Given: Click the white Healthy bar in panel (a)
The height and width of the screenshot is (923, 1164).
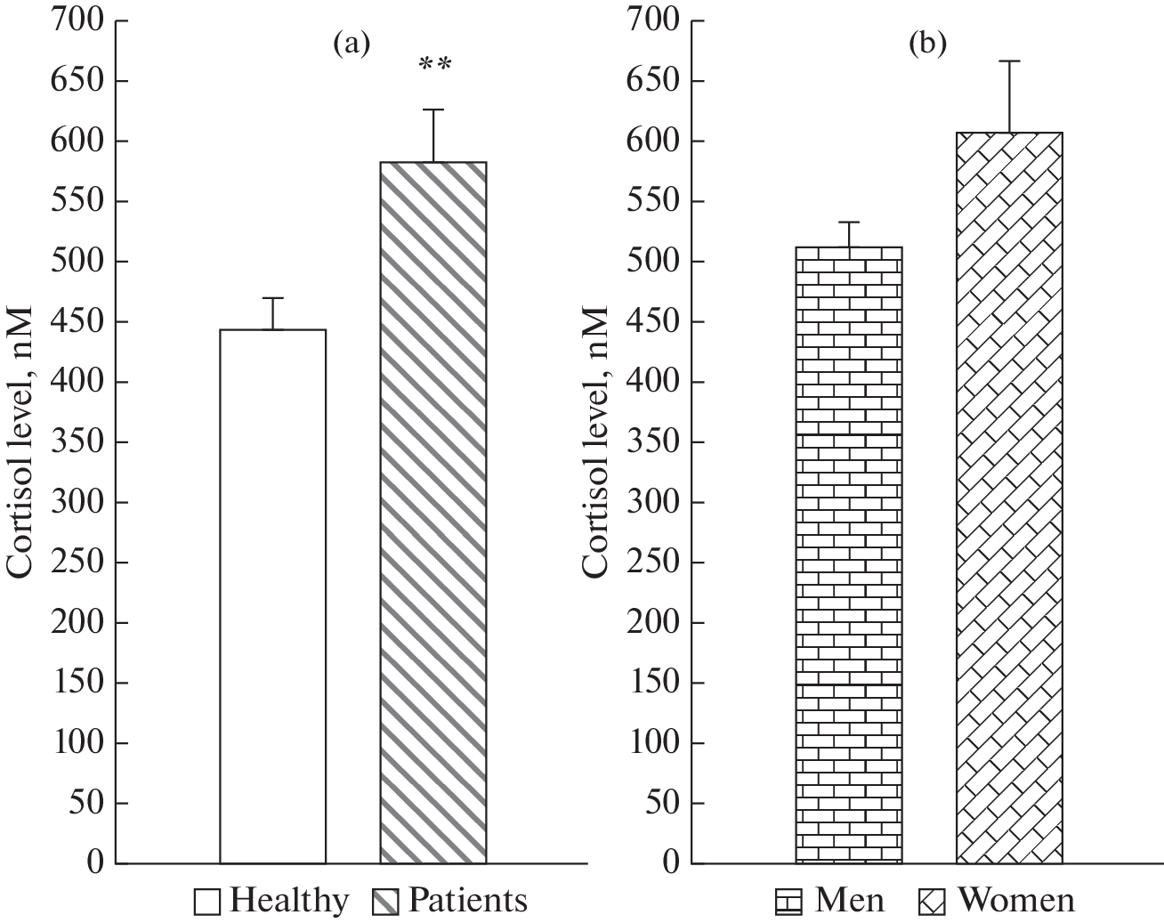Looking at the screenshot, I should point(272,596).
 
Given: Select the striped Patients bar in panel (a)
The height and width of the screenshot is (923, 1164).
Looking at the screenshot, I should point(433,513).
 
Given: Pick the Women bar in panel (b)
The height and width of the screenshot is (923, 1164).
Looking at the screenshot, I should point(1009,498).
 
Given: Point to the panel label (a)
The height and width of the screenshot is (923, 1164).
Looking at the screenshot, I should point(351,44).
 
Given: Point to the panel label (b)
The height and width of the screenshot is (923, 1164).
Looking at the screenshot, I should point(927,44).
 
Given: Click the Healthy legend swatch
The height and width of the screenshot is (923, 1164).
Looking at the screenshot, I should point(207,903).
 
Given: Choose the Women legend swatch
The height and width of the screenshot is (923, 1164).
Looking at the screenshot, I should point(931,903).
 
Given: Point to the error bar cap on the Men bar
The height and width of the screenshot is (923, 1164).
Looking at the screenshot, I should point(849,222).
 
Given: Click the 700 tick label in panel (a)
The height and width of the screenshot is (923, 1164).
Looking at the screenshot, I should point(78,20).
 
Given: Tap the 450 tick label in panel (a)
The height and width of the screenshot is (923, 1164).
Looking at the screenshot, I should point(78,321).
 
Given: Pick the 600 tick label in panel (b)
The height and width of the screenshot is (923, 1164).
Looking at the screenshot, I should point(652,141).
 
